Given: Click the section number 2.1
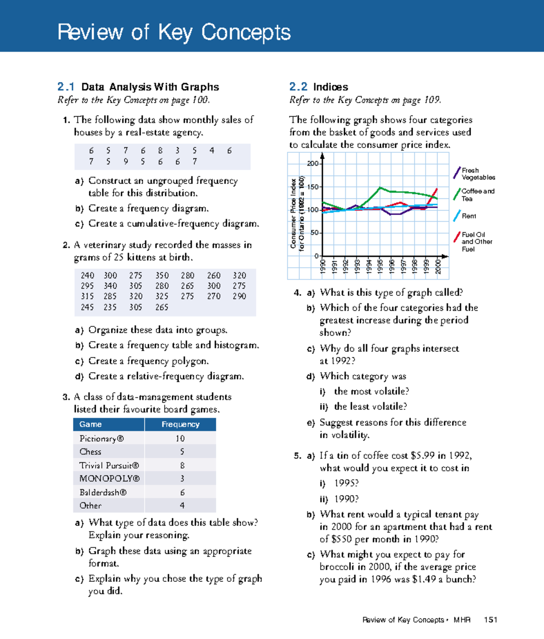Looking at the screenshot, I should (66, 87).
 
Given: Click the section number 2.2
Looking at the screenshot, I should (298, 87).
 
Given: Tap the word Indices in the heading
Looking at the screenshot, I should (330, 87).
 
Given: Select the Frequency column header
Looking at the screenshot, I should (180, 424).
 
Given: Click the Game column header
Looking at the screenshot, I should (91, 424).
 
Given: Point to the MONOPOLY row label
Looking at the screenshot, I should (109, 478).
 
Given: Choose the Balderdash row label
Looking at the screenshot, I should (103, 493).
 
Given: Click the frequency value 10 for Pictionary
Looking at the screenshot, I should (180, 439).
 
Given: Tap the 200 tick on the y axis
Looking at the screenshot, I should (313, 164).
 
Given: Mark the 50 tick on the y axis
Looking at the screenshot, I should (315, 233).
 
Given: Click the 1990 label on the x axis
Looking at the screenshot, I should (323, 266).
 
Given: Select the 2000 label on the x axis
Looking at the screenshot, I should (438, 266).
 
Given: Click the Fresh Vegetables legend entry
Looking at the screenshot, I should (477, 174).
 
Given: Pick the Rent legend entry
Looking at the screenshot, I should (469, 216).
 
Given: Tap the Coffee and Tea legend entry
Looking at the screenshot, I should (477, 195).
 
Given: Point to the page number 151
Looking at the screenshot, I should (491, 620).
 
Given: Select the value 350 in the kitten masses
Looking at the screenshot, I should (162, 275).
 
